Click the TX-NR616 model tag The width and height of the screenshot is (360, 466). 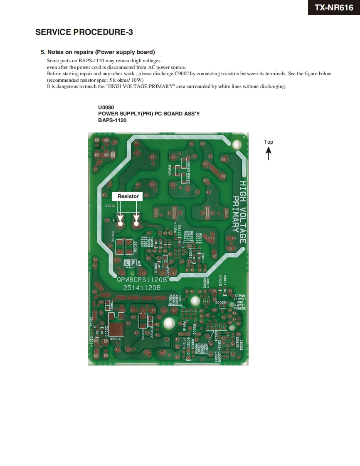[x=334, y=7]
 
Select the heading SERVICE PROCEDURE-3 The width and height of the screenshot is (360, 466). [x=84, y=32]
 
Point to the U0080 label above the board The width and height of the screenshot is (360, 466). [x=106, y=108]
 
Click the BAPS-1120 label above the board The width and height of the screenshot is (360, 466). [x=112, y=120]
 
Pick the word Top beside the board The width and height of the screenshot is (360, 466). [x=269, y=142]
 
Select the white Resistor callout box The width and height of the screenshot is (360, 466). [x=128, y=196]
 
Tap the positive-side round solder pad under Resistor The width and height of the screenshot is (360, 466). [x=121, y=224]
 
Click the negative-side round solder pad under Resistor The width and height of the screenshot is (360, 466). [x=136, y=224]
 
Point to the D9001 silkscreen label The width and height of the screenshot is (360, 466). [x=110, y=206]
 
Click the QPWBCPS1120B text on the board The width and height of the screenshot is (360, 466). [x=142, y=280]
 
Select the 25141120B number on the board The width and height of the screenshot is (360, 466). [x=139, y=287]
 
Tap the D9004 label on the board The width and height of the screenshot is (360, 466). [x=115, y=339]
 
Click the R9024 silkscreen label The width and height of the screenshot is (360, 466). [x=170, y=170]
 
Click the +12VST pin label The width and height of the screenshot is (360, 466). [x=240, y=299]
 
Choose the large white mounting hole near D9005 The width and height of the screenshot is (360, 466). [x=169, y=324]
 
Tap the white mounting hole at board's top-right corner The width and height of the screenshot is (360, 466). [x=237, y=145]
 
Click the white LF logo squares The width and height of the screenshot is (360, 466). [x=130, y=263]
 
